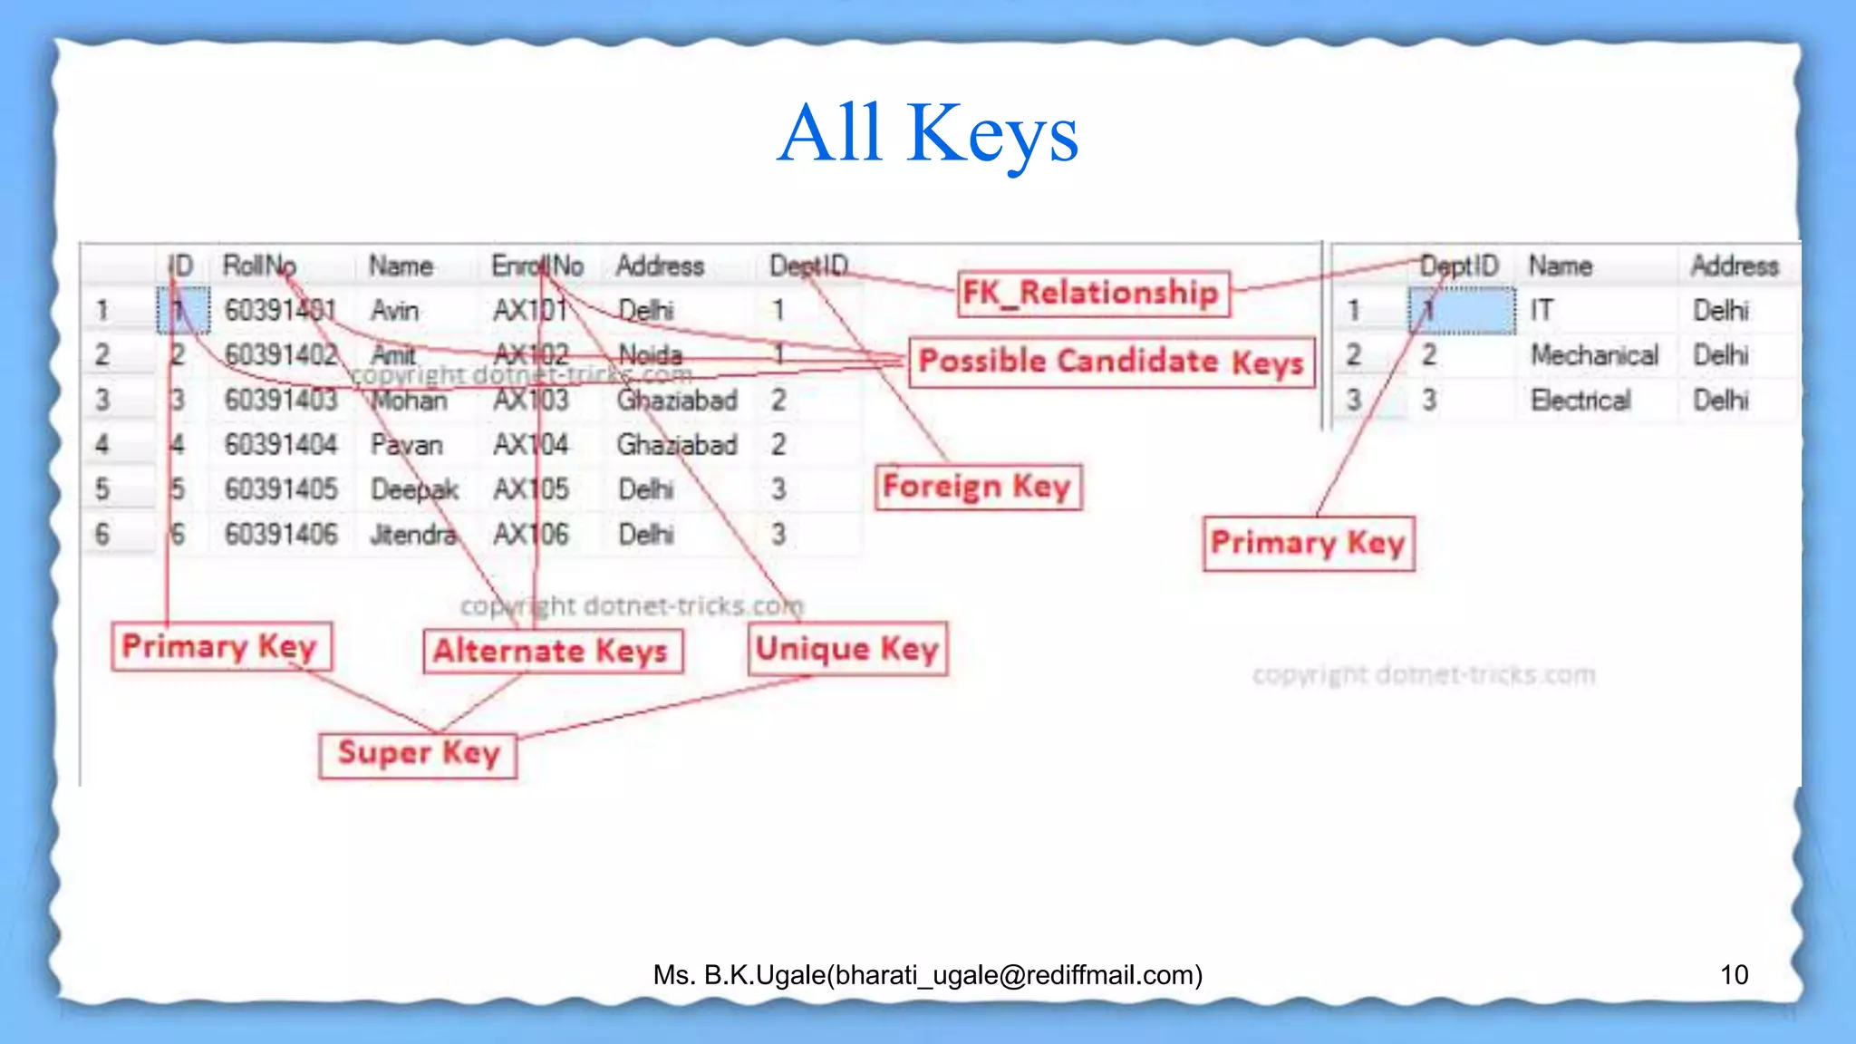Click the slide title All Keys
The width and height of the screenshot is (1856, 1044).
point(928,134)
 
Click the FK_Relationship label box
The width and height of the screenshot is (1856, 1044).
point(1093,294)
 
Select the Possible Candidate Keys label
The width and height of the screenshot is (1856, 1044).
point(1111,362)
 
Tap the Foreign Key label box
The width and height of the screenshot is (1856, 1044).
point(978,487)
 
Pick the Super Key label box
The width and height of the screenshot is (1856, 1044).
point(418,754)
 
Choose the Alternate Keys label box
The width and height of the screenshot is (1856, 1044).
point(552,651)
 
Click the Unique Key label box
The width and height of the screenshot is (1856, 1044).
point(847,649)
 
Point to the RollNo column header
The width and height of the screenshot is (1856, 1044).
point(259,266)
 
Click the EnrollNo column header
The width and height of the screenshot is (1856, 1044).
point(537,266)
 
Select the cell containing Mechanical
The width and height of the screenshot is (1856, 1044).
point(1594,355)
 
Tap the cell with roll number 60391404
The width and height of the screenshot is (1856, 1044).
point(281,444)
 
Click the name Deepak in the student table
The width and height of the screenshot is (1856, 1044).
point(414,489)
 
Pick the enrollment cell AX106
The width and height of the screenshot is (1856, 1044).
point(531,534)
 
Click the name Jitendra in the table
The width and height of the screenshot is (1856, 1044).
point(413,534)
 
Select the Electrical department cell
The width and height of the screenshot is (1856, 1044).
point(1580,400)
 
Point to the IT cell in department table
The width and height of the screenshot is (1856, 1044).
point(1542,311)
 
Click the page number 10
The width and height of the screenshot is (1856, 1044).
point(1734,974)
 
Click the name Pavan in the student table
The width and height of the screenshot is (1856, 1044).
point(407,445)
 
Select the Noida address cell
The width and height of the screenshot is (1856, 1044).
point(650,354)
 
